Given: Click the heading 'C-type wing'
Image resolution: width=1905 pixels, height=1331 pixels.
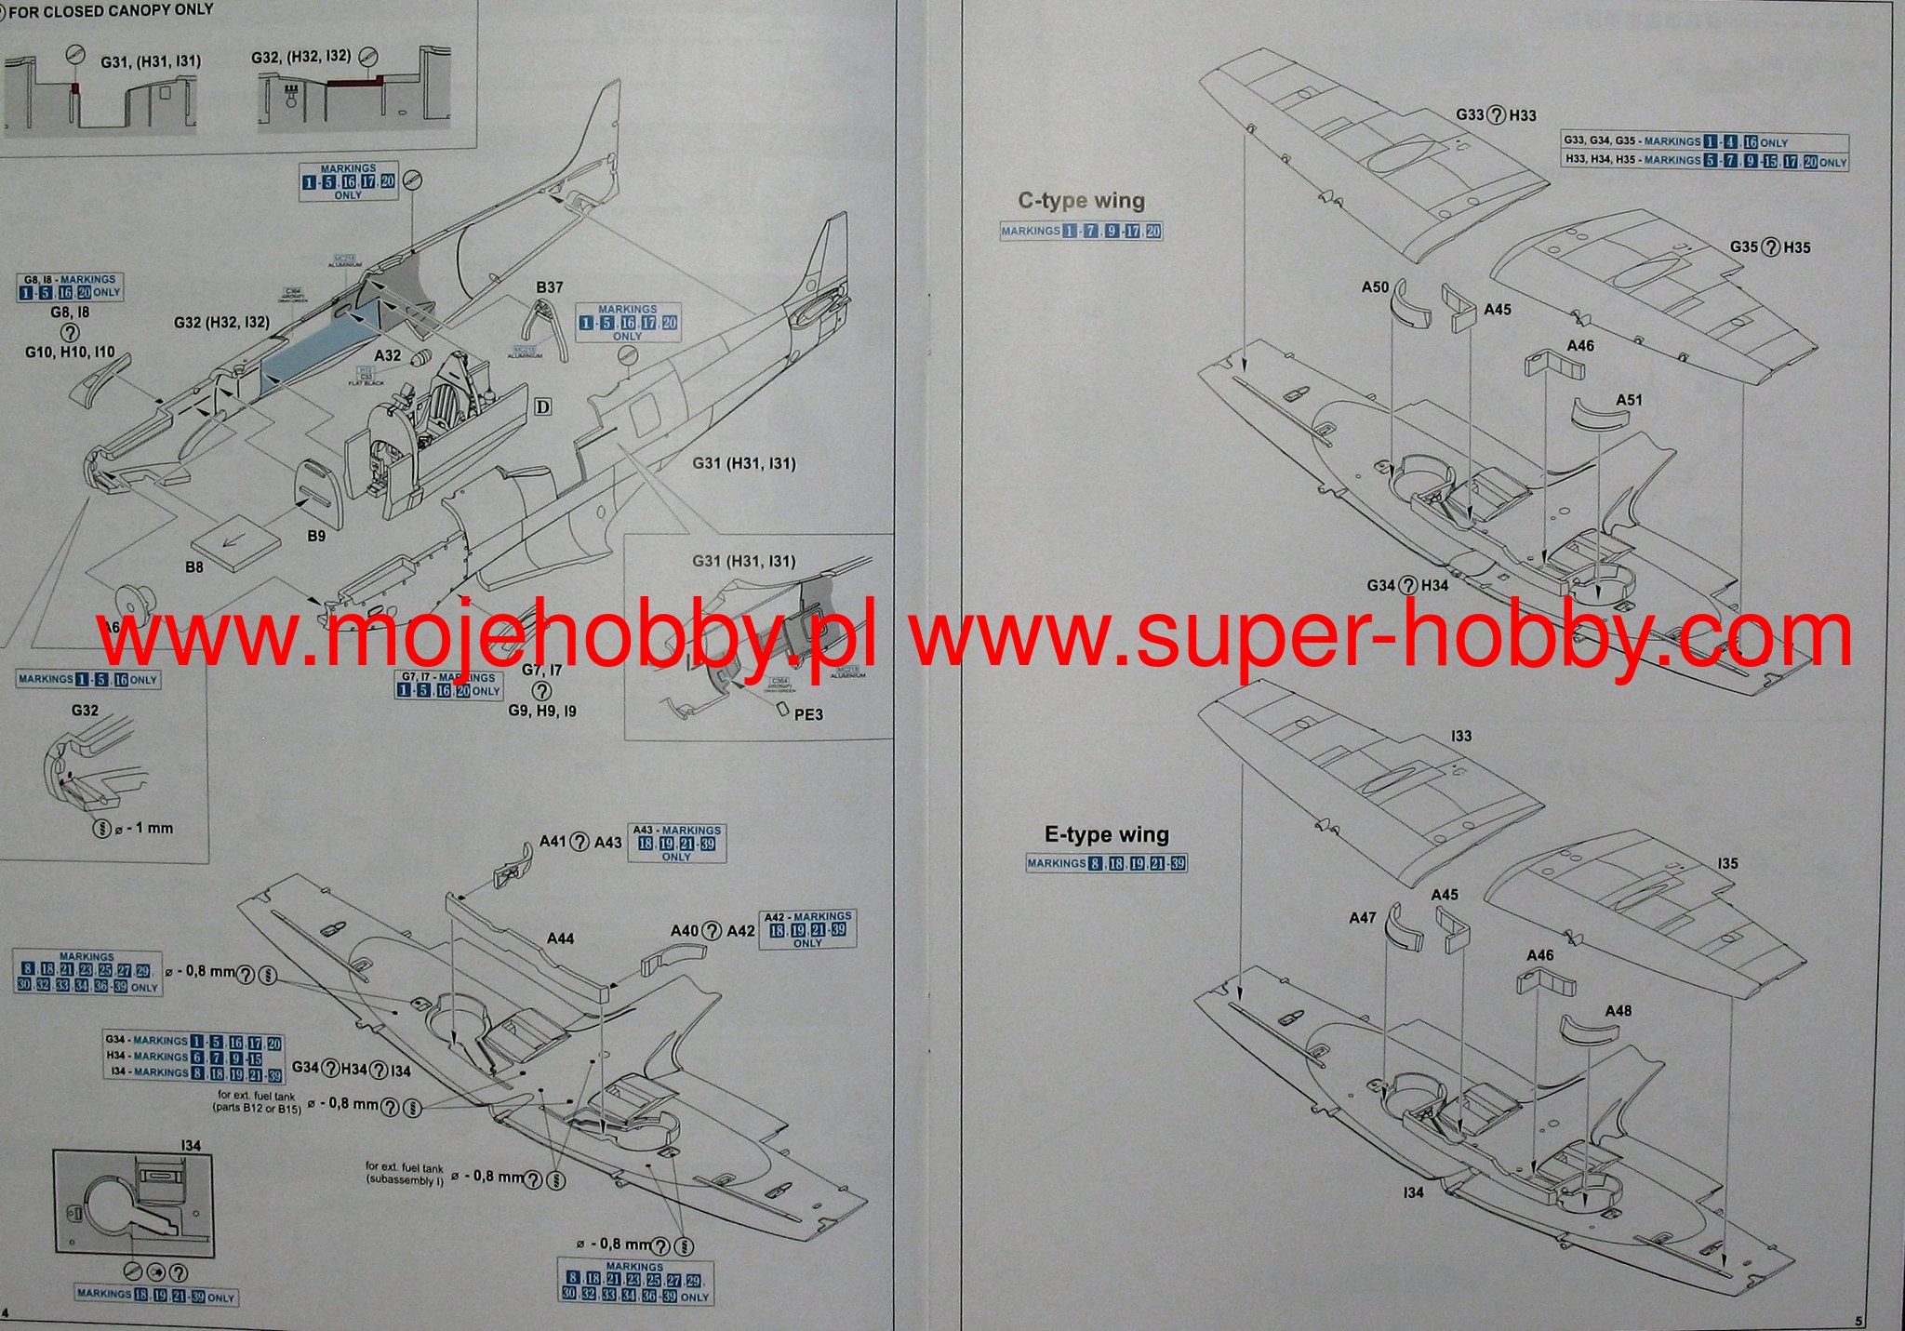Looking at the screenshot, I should [1081, 201].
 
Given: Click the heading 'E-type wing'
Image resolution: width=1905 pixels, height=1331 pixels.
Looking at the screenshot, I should [1107, 834].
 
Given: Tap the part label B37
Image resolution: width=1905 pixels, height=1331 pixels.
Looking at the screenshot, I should [550, 287].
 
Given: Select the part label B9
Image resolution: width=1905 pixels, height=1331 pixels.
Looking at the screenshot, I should [316, 536].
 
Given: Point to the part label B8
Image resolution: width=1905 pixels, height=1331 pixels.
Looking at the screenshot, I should [193, 566].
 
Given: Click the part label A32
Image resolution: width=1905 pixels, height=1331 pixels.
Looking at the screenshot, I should [388, 355].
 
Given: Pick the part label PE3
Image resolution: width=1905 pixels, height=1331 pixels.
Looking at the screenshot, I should [808, 714].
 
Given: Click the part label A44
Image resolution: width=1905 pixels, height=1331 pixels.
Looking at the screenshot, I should [560, 938].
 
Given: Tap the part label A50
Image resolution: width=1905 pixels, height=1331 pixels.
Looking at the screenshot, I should [1375, 287].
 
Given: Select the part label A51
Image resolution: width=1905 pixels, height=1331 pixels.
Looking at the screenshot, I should [1629, 400].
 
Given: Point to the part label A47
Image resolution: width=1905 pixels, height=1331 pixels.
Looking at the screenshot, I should [1362, 918].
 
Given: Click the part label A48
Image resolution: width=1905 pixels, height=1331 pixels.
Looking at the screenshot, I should [1618, 1011].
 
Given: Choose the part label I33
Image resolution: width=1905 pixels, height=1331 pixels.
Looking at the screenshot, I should [1461, 736].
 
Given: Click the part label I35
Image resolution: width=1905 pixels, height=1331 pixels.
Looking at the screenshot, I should [1727, 863].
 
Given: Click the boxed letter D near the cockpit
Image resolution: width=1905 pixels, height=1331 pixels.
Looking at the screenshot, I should [543, 407].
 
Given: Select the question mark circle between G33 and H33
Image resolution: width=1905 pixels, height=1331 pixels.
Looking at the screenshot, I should [1497, 115].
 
